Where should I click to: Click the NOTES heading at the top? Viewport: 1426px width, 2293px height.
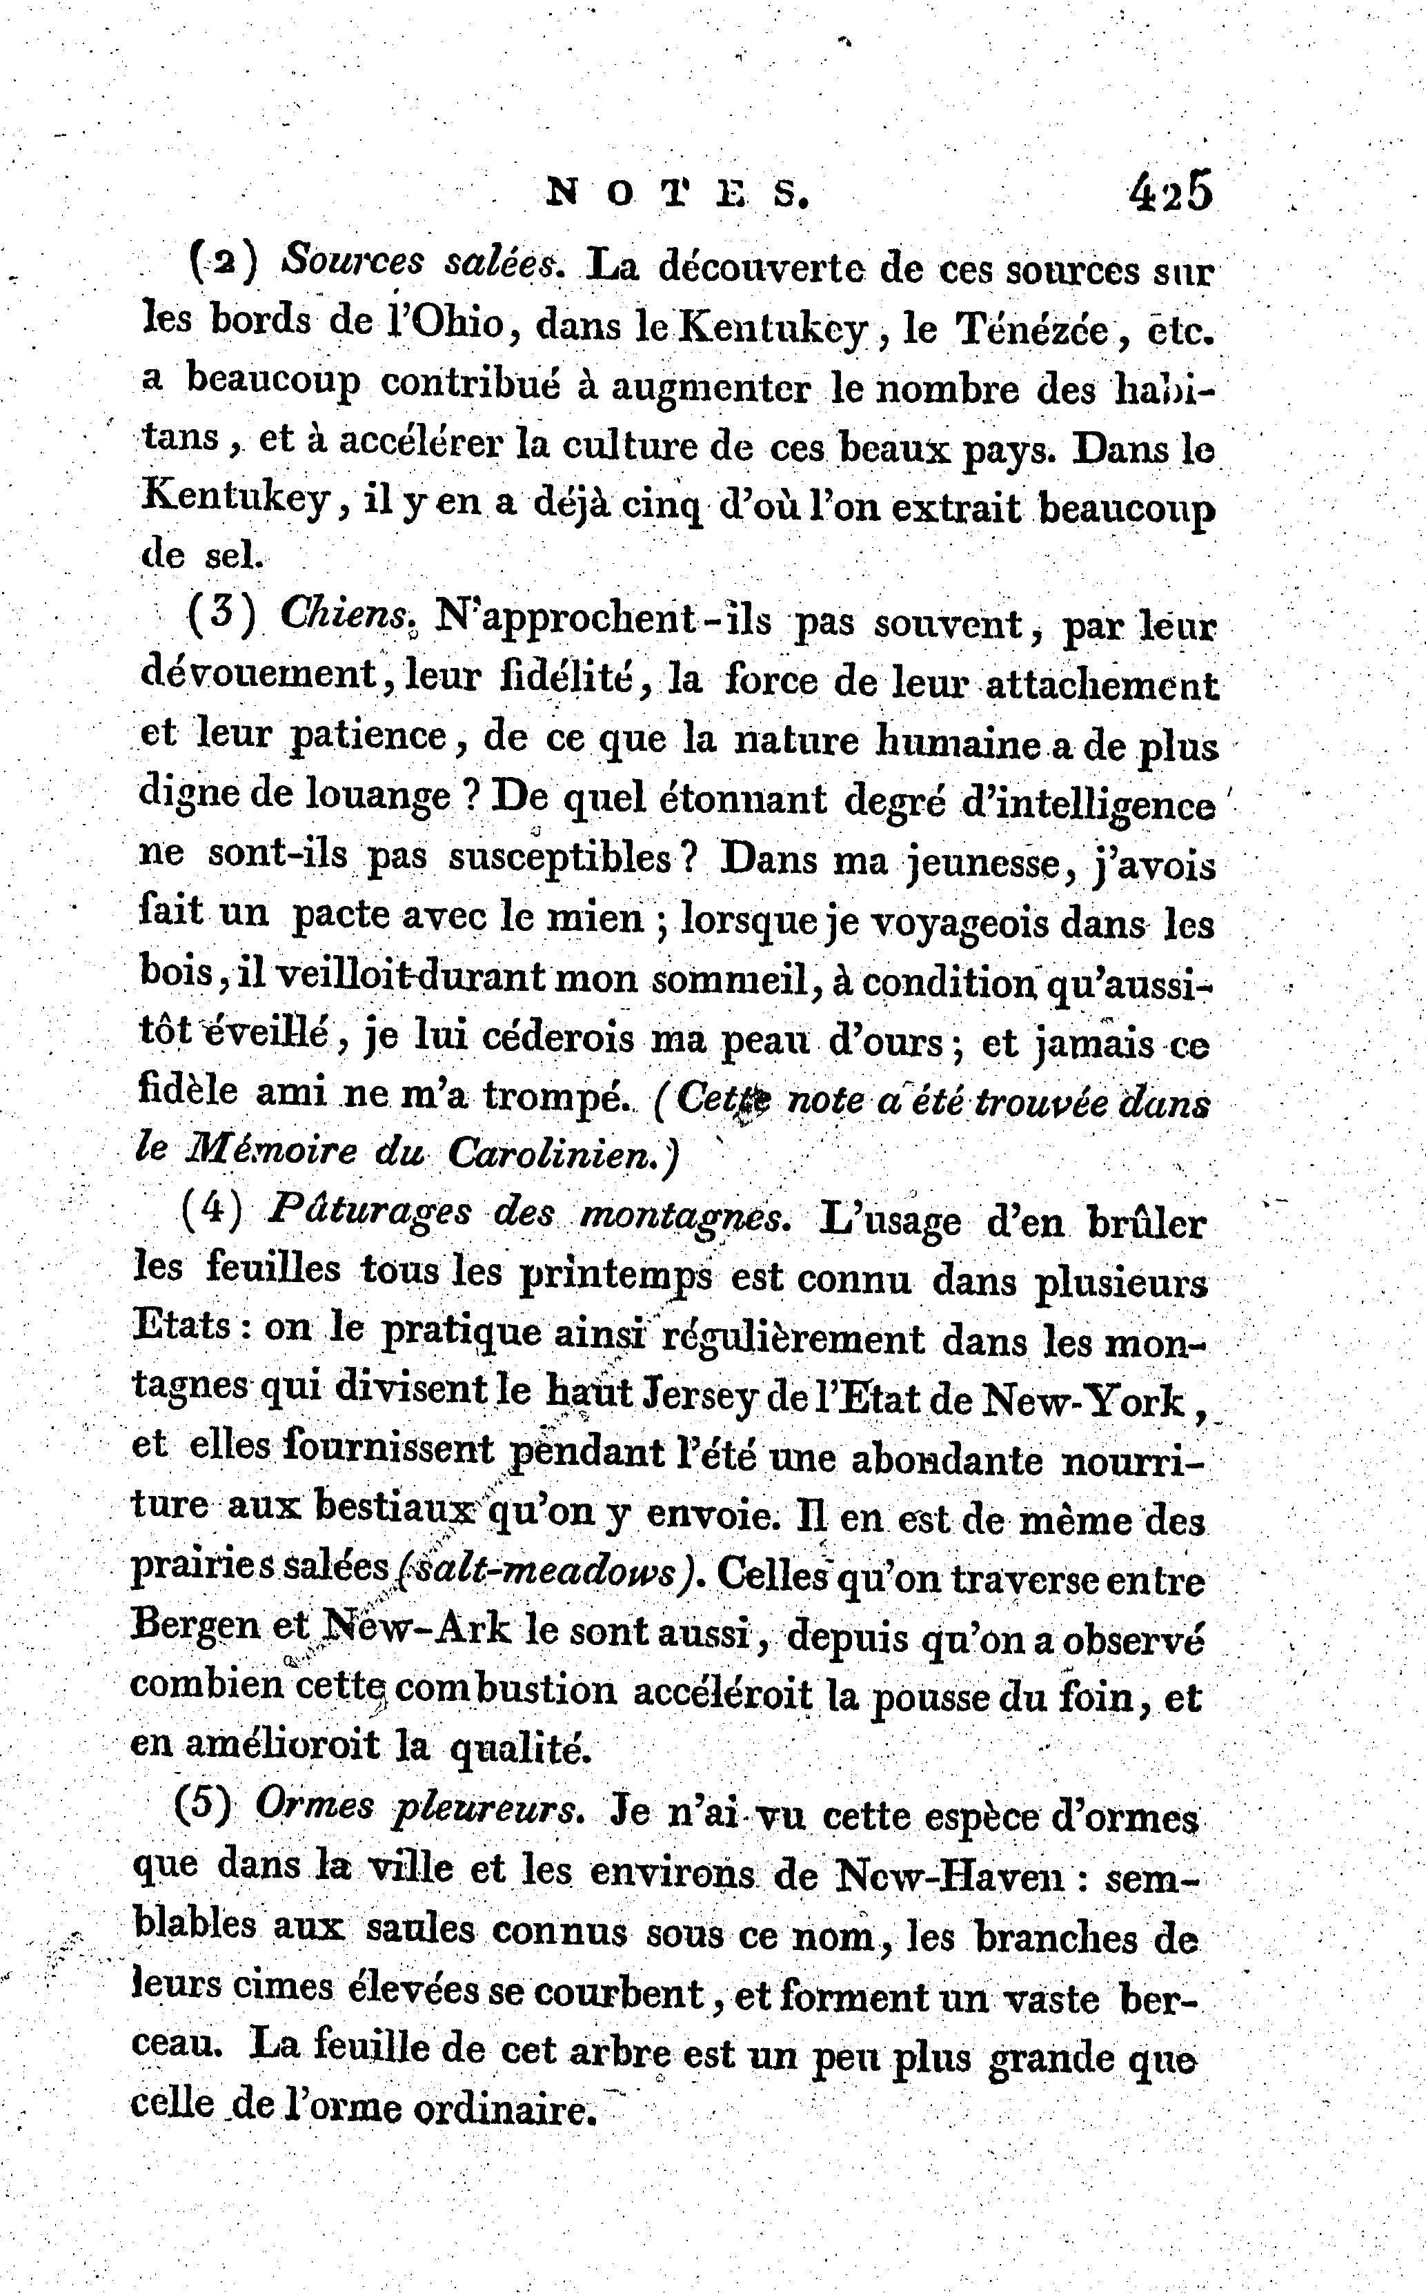click(677, 195)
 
